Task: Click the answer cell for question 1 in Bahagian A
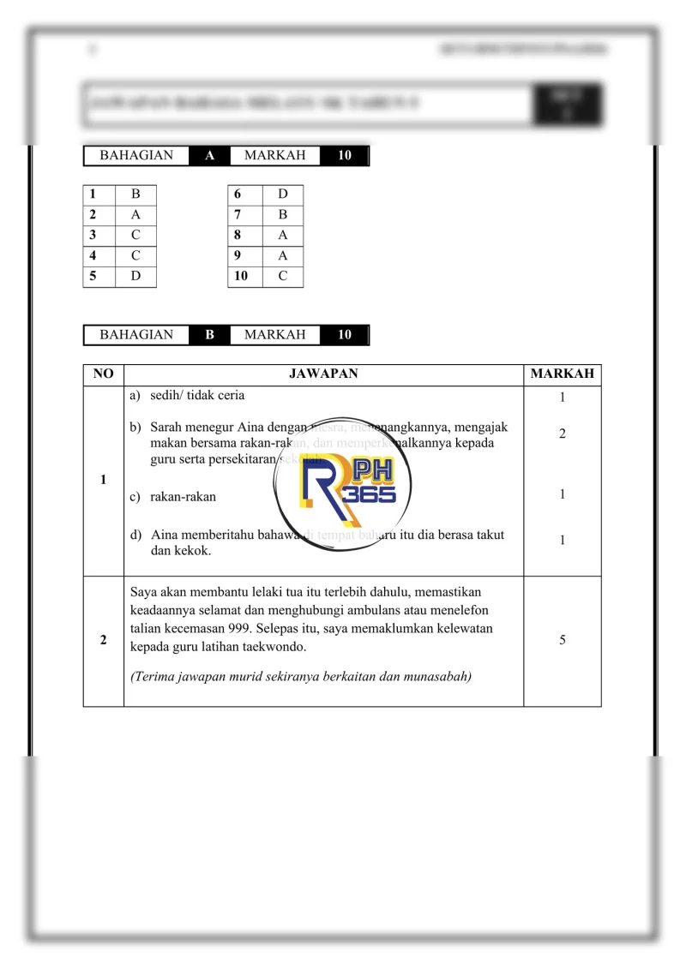tap(135, 194)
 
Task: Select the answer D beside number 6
tap(283, 194)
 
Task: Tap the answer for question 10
tap(283, 276)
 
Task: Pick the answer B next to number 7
tap(283, 215)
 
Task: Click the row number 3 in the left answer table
tap(93, 235)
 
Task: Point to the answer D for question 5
tap(135, 276)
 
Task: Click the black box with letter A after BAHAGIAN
tap(209, 156)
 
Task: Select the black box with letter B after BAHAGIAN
tap(209, 335)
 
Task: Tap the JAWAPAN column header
tap(323, 374)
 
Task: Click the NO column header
tap(103, 374)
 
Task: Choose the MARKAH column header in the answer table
tap(562, 374)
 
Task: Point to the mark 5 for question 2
tap(562, 639)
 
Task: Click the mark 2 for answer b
tap(562, 434)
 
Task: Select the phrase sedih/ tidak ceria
tap(197, 395)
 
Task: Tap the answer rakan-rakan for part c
tap(184, 496)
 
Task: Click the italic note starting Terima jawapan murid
tap(301, 676)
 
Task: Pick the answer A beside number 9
tap(283, 255)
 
